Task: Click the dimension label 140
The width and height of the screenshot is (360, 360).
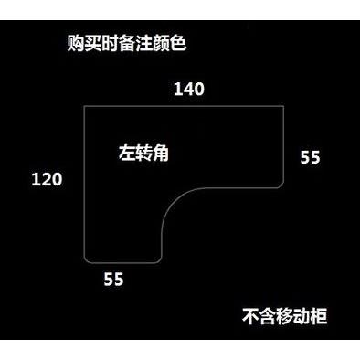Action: (x=189, y=90)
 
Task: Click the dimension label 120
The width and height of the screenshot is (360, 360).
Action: (x=47, y=179)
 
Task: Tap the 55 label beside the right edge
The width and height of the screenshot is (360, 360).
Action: (x=310, y=157)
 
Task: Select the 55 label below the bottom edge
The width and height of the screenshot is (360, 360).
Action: (x=113, y=279)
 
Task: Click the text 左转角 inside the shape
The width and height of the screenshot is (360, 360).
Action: (x=143, y=153)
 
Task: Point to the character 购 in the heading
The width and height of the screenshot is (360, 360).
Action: (x=76, y=43)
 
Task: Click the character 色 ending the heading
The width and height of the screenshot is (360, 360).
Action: (x=177, y=43)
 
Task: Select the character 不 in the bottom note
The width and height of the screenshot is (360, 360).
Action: (x=251, y=316)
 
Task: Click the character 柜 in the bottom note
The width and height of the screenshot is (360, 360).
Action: (x=319, y=316)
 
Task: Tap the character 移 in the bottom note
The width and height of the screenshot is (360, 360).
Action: (x=285, y=316)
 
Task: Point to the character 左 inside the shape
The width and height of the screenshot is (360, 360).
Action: (x=127, y=153)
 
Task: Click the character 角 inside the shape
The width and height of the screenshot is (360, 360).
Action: (x=161, y=153)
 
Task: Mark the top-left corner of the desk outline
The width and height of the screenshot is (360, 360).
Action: (x=84, y=106)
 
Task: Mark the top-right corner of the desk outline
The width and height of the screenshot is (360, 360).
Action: (x=284, y=106)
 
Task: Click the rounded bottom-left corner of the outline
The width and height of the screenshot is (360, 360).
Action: (x=86, y=259)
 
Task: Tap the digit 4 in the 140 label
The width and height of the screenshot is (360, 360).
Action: (x=189, y=90)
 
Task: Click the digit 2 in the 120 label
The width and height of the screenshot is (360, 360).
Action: (x=47, y=179)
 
